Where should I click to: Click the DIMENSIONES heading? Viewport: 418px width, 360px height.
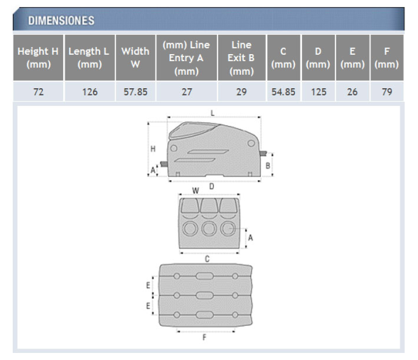pos(61,21)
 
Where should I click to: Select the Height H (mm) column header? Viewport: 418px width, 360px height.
pos(38,58)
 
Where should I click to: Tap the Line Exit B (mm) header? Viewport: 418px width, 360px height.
pos(242,58)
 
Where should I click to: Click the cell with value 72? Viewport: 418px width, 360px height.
pos(38,92)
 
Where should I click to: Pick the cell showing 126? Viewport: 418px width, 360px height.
pos(90,92)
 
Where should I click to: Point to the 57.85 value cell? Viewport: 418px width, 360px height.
pos(135,92)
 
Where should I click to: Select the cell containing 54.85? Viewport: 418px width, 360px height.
pos(284,92)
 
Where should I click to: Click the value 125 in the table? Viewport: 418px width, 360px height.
pos(318,92)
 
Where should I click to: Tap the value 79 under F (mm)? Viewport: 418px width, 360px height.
pos(387,92)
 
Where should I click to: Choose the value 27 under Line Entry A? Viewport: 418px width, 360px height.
pos(187,92)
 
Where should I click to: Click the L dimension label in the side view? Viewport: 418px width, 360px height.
pos(213,113)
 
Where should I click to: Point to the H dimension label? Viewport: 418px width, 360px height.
pos(153,149)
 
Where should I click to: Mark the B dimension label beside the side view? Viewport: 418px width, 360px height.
pos(268,166)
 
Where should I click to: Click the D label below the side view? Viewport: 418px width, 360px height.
pos(212,186)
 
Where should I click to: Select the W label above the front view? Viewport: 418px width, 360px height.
pos(195,191)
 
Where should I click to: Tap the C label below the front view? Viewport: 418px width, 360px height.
pos(207,258)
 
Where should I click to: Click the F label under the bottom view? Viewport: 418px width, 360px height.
pos(205,337)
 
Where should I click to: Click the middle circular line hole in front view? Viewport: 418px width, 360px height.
pos(209,228)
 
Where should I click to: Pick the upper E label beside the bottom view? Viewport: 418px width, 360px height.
pos(148,285)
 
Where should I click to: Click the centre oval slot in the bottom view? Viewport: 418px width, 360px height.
pos(205,295)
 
